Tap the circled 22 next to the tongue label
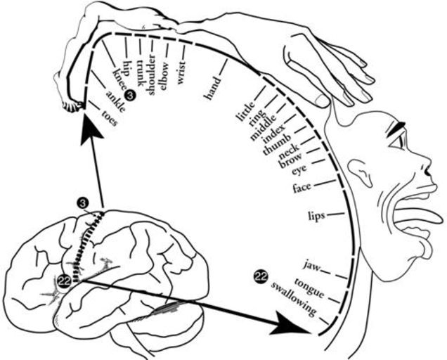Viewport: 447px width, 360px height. tap(261, 277)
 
